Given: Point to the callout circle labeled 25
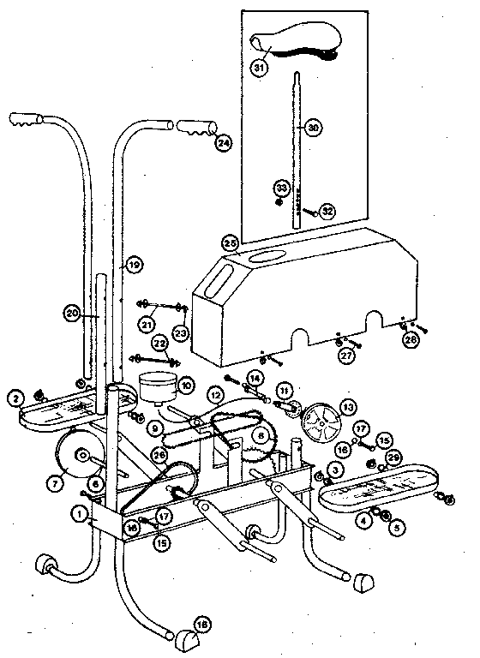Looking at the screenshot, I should pos(230,242).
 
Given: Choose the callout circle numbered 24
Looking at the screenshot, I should pos(223,143).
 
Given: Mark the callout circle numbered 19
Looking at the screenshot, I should pos(133,266).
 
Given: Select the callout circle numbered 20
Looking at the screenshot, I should pos(73,314).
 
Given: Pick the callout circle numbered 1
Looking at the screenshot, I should pos(79,515).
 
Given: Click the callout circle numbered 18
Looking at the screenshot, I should pos(202,625).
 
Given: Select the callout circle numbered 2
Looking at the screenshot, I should pos(15,398).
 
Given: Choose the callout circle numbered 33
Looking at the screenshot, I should pos(279,188).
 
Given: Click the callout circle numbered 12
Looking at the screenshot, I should pos(215,395).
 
